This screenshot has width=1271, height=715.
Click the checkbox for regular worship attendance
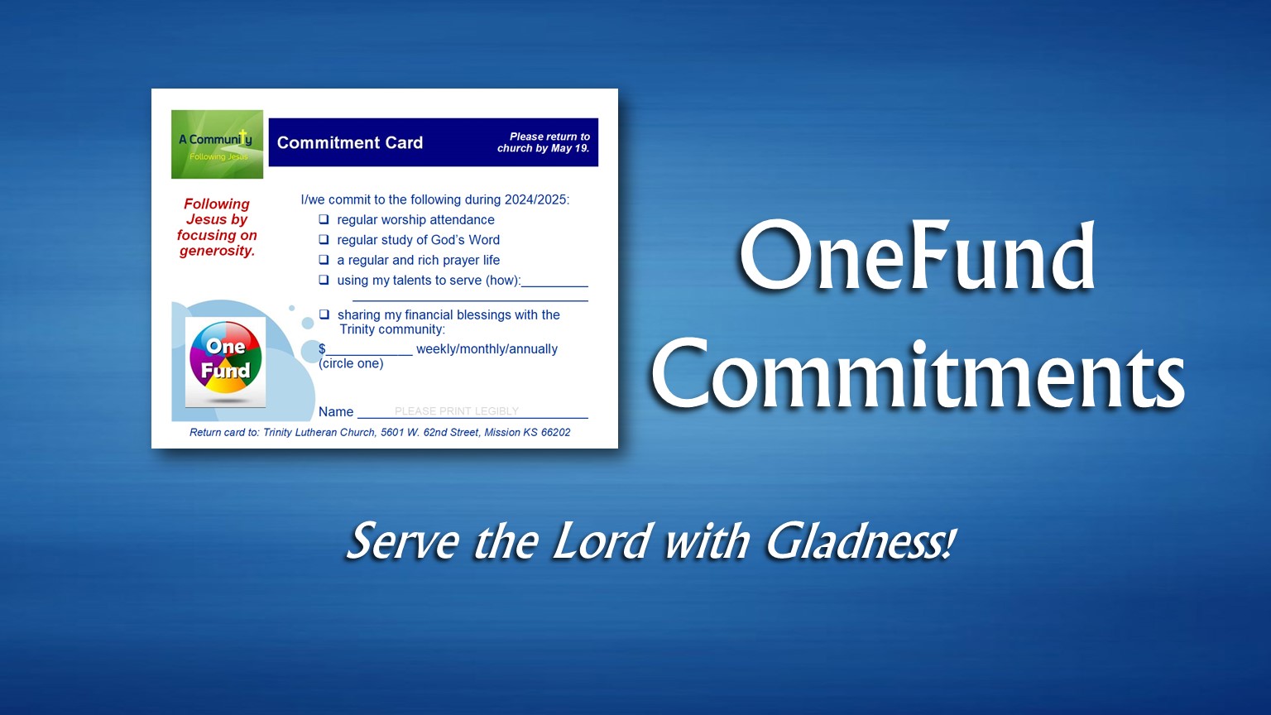(324, 219)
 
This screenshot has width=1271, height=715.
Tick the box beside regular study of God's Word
(324, 240)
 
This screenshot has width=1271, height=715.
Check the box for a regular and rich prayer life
(324, 260)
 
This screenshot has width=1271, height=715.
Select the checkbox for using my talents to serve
(324, 280)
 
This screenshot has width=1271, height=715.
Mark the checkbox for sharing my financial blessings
(324, 314)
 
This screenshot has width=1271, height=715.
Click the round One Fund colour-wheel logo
(225, 362)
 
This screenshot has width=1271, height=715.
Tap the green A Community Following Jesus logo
(217, 144)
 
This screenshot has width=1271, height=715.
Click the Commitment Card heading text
(349, 142)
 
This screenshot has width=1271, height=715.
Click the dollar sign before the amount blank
(322, 349)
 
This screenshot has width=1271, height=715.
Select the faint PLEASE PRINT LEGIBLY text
(456, 411)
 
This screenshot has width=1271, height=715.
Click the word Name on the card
(336, 412)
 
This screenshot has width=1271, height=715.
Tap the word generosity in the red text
(217, 251)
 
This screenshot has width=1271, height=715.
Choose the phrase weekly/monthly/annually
(487, 349)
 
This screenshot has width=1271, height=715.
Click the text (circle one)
(351, 363)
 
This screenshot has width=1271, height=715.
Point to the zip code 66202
(555, 432)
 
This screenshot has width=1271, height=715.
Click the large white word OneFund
(916, 257)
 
